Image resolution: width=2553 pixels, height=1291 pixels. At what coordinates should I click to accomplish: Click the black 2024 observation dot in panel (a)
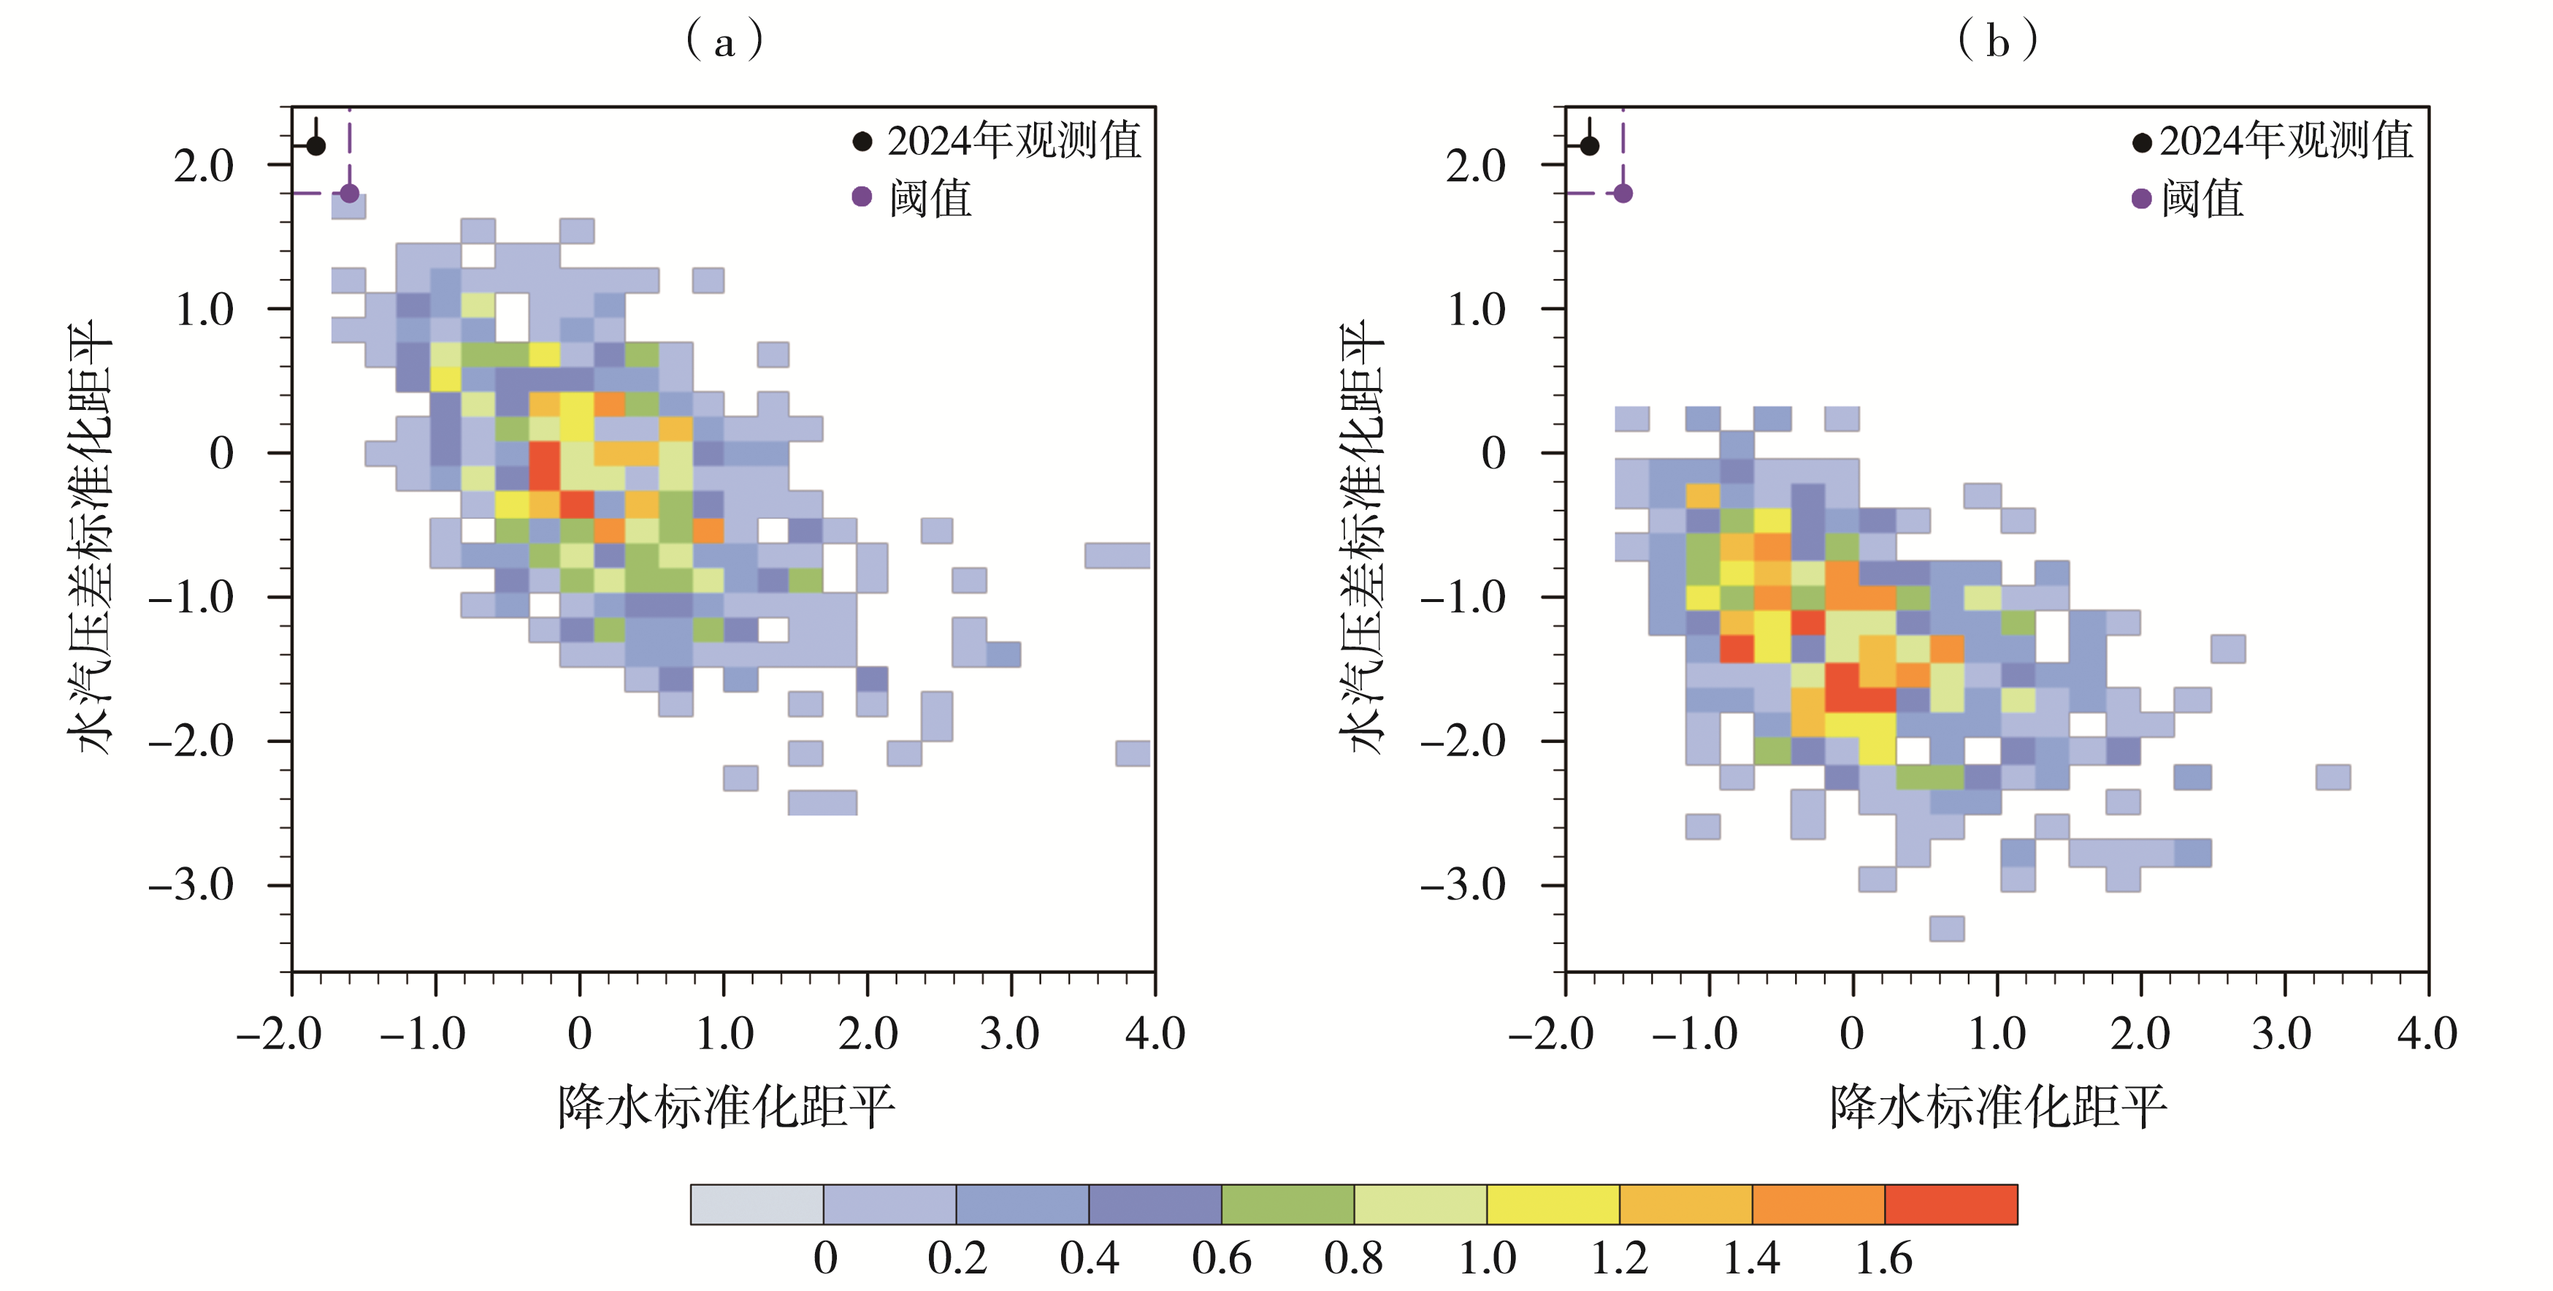pyautogui.click(x=315, y=146)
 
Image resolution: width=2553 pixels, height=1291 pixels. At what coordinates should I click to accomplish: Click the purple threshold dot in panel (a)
pyautogui.click(x=349, y=194)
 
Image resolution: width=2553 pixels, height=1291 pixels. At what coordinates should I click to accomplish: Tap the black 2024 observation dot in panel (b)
pyautogui.click(x=1589, y=146)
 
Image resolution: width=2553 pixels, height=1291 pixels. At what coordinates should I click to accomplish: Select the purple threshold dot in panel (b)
pyautogui.click(x=1623, y=194)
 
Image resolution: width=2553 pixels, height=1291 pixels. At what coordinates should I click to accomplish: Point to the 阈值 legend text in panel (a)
pyautogui.click(x=930, y=198)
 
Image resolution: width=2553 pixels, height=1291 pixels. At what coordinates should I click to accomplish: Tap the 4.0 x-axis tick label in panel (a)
pyautogui.click(x=1155, y=1035)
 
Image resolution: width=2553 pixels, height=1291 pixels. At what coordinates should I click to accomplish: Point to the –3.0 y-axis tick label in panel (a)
pyautogui.click(x=192, y=885)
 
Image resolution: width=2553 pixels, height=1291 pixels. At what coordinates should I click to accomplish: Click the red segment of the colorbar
pyautogui.click(x=1950, y=1204)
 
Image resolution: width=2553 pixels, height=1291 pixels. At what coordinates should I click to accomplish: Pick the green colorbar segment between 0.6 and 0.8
pyautogui.click(x=1287, y=1204)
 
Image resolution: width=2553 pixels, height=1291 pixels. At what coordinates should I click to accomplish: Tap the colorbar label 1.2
pyautogui.click(x=1618, y=1258)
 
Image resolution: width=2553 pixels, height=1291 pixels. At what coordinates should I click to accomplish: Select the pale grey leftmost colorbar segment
pyautogui.click(x=757, y=1204)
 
